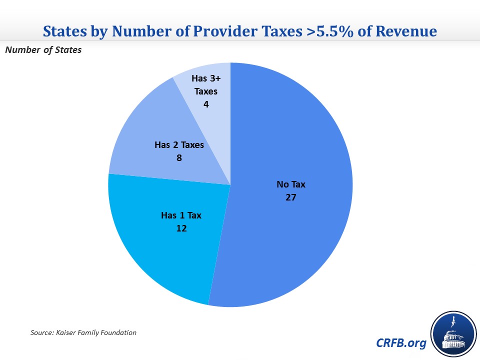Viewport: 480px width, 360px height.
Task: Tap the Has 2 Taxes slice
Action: (x=145, y=125)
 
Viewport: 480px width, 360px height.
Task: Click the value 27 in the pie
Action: (x=291, y=197)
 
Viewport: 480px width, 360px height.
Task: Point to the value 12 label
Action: (x=181, y=228)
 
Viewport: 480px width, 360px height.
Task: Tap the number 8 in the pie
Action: (x=179, y=157)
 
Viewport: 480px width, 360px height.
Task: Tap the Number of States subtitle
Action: (x=43, y=50)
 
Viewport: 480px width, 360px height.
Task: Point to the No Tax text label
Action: (x=291, y=184)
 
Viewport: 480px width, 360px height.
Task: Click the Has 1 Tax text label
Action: (x=181, y=215)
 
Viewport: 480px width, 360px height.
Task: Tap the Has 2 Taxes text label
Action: (x=179, y=145)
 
